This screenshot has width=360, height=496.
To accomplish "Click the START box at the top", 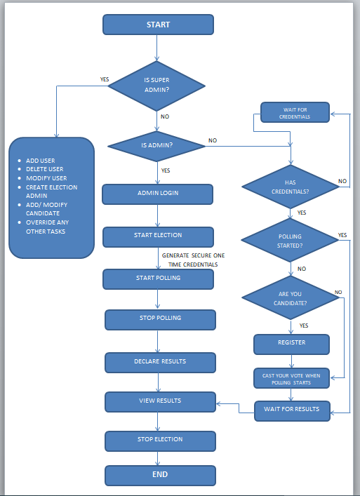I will pyautogui.click(x=158, y=25).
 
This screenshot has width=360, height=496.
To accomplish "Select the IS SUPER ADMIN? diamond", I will pyautogui.click(x=156, y=85).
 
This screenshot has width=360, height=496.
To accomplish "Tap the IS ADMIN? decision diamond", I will pyautogui.click(x=156, y=146).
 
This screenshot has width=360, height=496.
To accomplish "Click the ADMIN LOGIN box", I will pyautogui.click(x=157, y=194).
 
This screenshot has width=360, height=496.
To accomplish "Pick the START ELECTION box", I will pyautogui.click(x=158, y=236).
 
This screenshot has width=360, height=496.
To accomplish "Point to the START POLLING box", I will pyautogui.click(x=158, y=279).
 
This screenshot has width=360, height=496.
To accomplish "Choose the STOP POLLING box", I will pyautogui.click(x=160, y=319).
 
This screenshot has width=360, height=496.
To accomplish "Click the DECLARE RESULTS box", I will pyautogui.click(x=160, y=362).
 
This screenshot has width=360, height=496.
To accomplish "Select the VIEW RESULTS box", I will pyautogui.click(x=160, y=401).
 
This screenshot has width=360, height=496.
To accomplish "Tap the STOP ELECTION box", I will pyautogui.click(x=160, y=440).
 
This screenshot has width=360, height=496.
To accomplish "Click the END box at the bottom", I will pyautogui.click(x=160, y=475).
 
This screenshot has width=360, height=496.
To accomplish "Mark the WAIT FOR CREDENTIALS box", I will pyautogui.click(x=295, y=113).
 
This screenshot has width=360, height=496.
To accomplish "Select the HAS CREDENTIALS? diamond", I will pyautogui.click(x=290, y=186).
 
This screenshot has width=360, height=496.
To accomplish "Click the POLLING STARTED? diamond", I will pyautogui.click(x=290, y=241).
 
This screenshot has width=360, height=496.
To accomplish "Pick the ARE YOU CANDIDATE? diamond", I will pyautogui.click(x=290, y=297).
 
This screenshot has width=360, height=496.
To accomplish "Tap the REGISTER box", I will pyautogui.click(x=291, y=344).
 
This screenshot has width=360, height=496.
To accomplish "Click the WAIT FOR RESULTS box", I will pyautogui.click(x=291, y=410).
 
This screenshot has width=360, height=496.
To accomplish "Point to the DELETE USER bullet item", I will pyautogui.click(x=45, y=169).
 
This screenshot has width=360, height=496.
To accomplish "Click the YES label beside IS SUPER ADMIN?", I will pyautogui.click(x=105, y=79).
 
